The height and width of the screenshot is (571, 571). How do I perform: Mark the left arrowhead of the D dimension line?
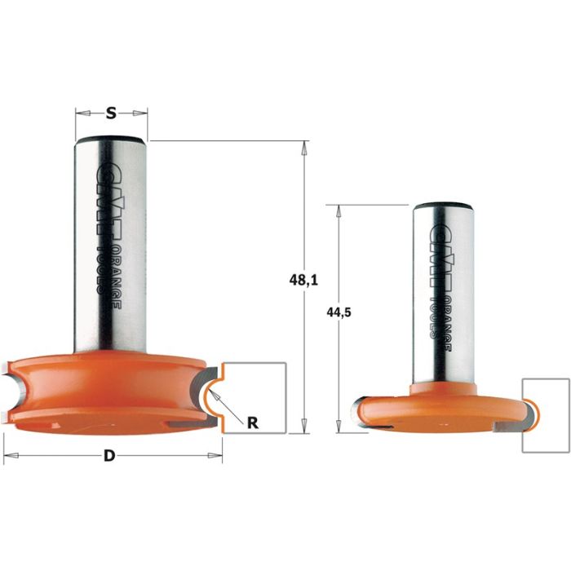point(8,453)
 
